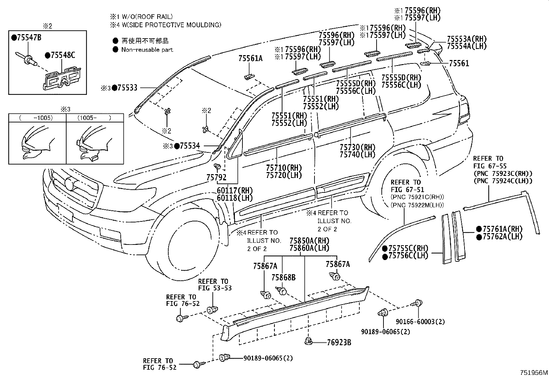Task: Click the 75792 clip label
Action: [216, 177]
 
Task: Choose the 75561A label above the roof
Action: [250, 59]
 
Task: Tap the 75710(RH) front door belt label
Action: [283, 168]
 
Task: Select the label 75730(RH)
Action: [357, 147]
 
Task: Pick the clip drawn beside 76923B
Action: [309, 342]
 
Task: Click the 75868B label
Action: [283, 277]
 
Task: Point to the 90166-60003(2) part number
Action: [420, 322]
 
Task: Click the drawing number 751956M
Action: [533, 373]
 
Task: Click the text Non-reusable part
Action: [147, 50]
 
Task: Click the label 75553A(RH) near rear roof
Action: [467, 39]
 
